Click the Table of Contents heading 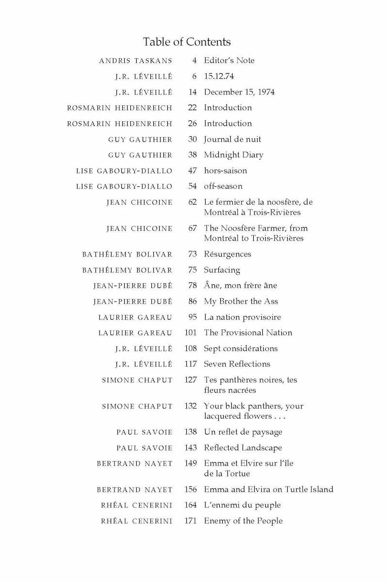(x=187, y=42)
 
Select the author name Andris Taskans (x=135, y=61)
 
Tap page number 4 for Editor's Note (x=194, y=61)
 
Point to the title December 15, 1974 (x=239, y=92)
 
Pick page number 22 (x=192, y=108)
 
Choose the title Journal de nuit (x=232, y=139)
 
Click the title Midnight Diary (x=233, y=155)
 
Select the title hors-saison (x=225, y=171)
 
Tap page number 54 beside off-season (x=192, y=186)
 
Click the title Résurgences (x=227, y=254)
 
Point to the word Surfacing (x=222, y=270)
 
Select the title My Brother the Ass (x=241, y=301)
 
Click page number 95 (x=192, y=317)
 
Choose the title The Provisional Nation (x=248, y=333)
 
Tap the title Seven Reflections (x=237, y=364)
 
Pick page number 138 (x=191, y=432)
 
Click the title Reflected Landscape (x=242, y=448)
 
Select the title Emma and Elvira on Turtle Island (x=268, y=489)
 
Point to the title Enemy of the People (x=243, y=521)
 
